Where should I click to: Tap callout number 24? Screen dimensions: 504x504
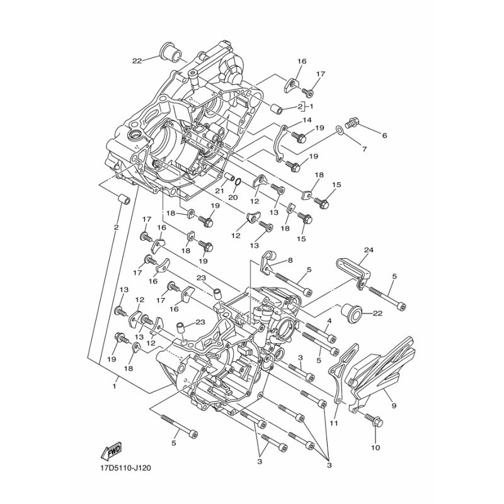click(369, 249)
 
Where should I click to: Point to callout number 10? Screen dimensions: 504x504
click(375, 447)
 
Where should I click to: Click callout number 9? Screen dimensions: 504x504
click(394, 406)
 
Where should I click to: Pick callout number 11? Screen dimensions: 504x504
click(334, 423)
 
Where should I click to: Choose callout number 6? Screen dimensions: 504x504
click(384, 135)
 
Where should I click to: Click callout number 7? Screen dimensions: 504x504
click(364, 149)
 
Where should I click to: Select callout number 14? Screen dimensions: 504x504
click(307, 120)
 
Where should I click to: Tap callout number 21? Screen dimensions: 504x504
click(219, 191)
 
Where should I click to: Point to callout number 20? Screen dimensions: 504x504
click(233, 197)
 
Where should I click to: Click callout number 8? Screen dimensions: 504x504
click(290, 261)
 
